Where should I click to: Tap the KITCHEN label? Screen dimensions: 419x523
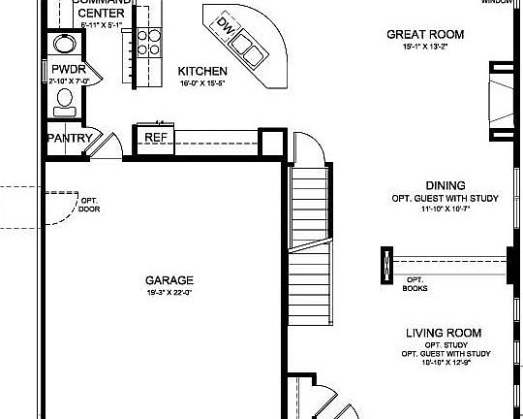pos(202,72)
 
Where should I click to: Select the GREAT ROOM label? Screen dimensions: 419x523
pos(425,34)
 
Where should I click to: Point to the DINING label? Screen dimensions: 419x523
pos(445,184)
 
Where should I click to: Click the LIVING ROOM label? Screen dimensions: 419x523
pos(444,333)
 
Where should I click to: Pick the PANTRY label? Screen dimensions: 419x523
pos(70,139)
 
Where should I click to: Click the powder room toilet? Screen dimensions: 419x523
pos(67,99)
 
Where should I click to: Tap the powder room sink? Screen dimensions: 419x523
pos(66,43)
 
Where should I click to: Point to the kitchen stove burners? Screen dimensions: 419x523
pos(148,41)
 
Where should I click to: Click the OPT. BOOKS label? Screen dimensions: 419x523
pos(416,285)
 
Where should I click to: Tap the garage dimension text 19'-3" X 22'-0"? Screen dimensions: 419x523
pos(169,292)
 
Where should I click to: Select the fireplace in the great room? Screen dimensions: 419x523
pos(501,97)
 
